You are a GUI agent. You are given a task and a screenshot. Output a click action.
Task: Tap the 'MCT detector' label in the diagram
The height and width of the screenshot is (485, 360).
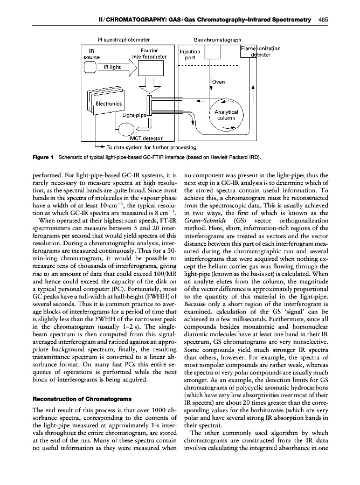(140, 139)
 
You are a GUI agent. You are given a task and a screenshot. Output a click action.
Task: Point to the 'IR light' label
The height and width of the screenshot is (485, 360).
(112, 68)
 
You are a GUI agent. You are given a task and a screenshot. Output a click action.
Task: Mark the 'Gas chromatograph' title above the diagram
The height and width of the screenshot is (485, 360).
(217, 40)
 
